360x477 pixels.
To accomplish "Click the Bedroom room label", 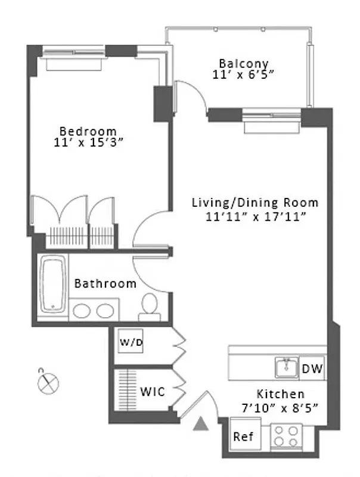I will (x=88, y=131).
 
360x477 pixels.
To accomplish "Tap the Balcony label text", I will (x=243, y=63).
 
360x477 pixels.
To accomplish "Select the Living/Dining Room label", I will (x=255, y=203).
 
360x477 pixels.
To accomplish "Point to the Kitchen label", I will (x=280, y=394).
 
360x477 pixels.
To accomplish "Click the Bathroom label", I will (x=105, y=284).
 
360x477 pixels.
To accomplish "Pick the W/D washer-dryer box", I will (x=131, y=342).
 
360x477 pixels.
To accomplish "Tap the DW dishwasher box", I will (x=312, y=369).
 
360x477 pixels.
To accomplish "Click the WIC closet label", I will (x=153, y=392).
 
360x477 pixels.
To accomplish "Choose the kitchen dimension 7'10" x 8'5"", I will (x=280, y=408).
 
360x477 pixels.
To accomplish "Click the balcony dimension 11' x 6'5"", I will (x=243, y=75).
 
